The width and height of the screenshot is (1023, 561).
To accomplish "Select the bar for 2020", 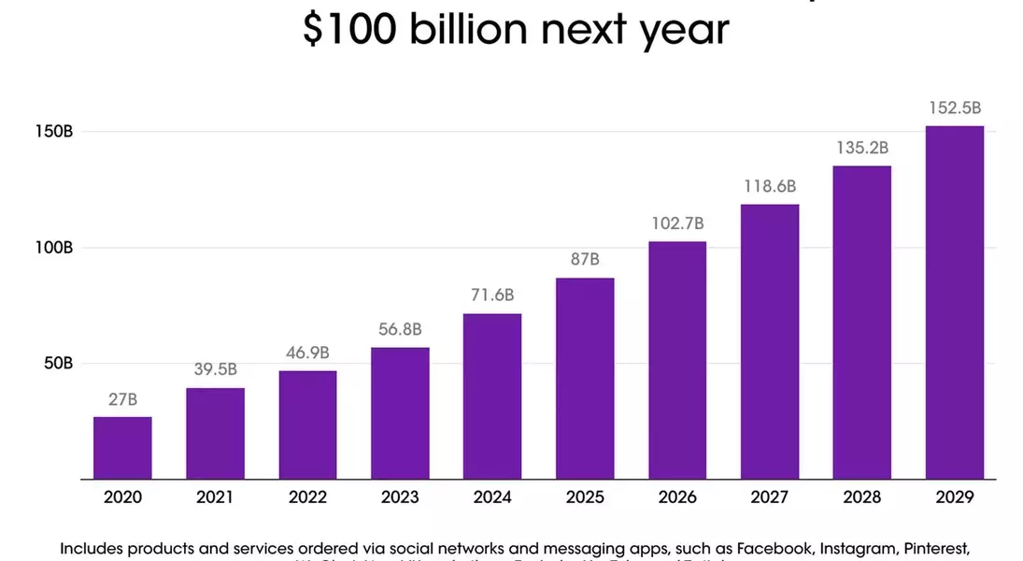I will [122, 448].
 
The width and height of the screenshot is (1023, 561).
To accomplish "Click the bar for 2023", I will [400, 413].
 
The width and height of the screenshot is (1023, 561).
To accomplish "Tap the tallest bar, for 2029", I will [954, 302].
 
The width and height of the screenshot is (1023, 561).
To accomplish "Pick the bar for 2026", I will [677, 360].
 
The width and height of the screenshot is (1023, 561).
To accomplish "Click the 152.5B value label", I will [955, 108].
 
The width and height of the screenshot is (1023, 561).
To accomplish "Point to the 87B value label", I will [585, 259].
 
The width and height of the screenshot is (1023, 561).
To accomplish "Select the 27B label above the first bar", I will [122, 399].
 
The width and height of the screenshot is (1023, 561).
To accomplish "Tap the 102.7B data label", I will [677, 223].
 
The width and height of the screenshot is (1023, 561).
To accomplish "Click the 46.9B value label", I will [307, 352].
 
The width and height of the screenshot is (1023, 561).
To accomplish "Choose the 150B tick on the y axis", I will [55, 132].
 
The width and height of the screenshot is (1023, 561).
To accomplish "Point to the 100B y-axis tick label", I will [55, 248].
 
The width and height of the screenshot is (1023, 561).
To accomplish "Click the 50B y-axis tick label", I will [58, 363].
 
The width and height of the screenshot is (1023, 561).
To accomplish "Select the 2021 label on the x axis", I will [215, 497].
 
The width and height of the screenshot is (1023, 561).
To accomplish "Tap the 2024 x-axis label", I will [492, 497].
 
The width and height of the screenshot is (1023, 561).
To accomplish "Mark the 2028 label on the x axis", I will [862, 497].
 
